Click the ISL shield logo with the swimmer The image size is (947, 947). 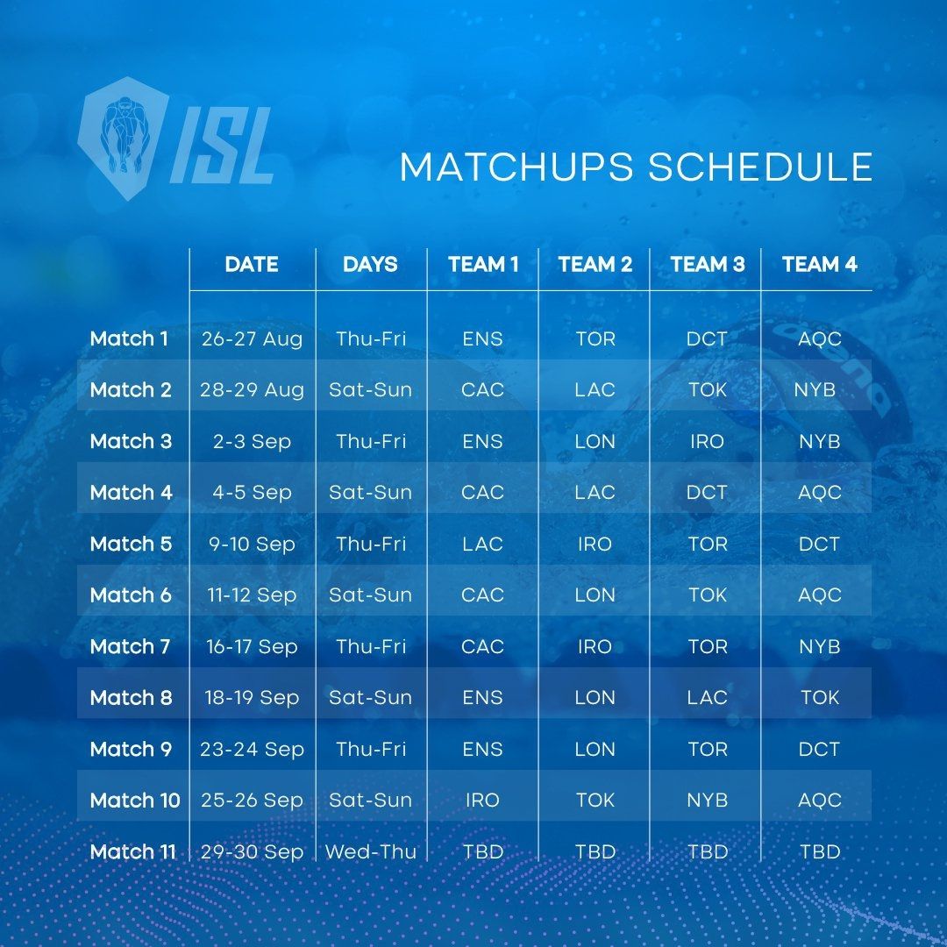[124, 139]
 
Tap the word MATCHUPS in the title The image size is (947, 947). [516, 167]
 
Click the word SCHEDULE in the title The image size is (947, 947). [760, 167]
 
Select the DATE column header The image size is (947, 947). [252, 265]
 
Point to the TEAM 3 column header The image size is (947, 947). [708, 265]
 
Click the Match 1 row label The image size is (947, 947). [129, 338]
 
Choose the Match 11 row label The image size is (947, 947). [133, 852]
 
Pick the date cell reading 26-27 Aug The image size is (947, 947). [252, 338]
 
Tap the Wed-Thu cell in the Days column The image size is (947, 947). [371, 852]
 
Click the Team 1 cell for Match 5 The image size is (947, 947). [482, 545]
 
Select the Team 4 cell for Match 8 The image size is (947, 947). [820, 698]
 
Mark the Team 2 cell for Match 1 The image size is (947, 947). [595, 338]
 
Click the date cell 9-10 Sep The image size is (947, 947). [252, 545]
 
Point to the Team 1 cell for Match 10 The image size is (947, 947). [482, 801]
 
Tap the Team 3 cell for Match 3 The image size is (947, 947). [708, 441]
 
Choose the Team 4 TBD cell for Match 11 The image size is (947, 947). [820, 852]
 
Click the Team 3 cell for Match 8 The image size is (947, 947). [708, 698]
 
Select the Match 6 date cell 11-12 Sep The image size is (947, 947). [252, 595]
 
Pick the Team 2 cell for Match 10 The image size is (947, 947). [595, 801]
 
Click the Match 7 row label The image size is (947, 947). [130, 647]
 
